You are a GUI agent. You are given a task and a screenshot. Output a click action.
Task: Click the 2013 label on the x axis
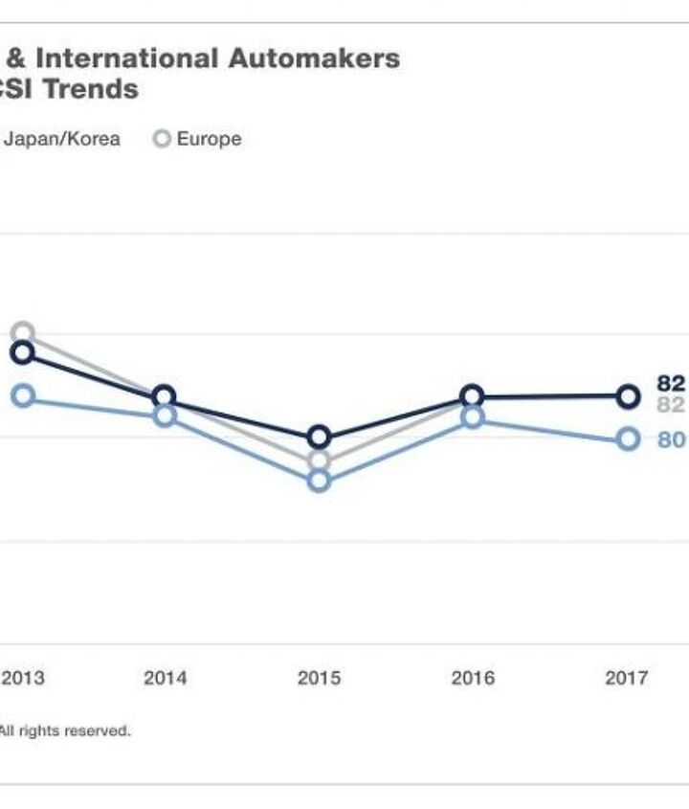(23, 678)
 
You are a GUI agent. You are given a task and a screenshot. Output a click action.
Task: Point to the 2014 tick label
(165, 678)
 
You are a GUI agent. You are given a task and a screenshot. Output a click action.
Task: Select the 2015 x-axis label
(319, 678)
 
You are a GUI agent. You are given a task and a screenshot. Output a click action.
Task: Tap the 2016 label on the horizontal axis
(473, 678)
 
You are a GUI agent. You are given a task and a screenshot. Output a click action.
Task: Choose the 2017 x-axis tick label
(627, 678)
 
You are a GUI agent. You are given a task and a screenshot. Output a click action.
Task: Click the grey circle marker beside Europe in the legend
(162, 139)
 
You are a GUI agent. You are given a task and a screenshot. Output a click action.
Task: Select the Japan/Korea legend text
(62, 139)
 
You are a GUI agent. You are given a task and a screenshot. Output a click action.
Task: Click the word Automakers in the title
(313, 58)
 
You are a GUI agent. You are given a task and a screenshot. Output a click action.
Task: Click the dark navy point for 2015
(319, 438)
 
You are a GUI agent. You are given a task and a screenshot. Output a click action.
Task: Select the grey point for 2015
(319, 461)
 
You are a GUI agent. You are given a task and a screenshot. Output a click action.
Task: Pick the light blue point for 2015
(319, 481)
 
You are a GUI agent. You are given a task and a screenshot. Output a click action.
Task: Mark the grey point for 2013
(23, 334)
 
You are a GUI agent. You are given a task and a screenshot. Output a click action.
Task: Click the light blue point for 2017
(627, 438)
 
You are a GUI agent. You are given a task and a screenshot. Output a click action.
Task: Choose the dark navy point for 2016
(473, 396)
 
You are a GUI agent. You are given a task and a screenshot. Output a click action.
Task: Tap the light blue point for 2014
(165, 416)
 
